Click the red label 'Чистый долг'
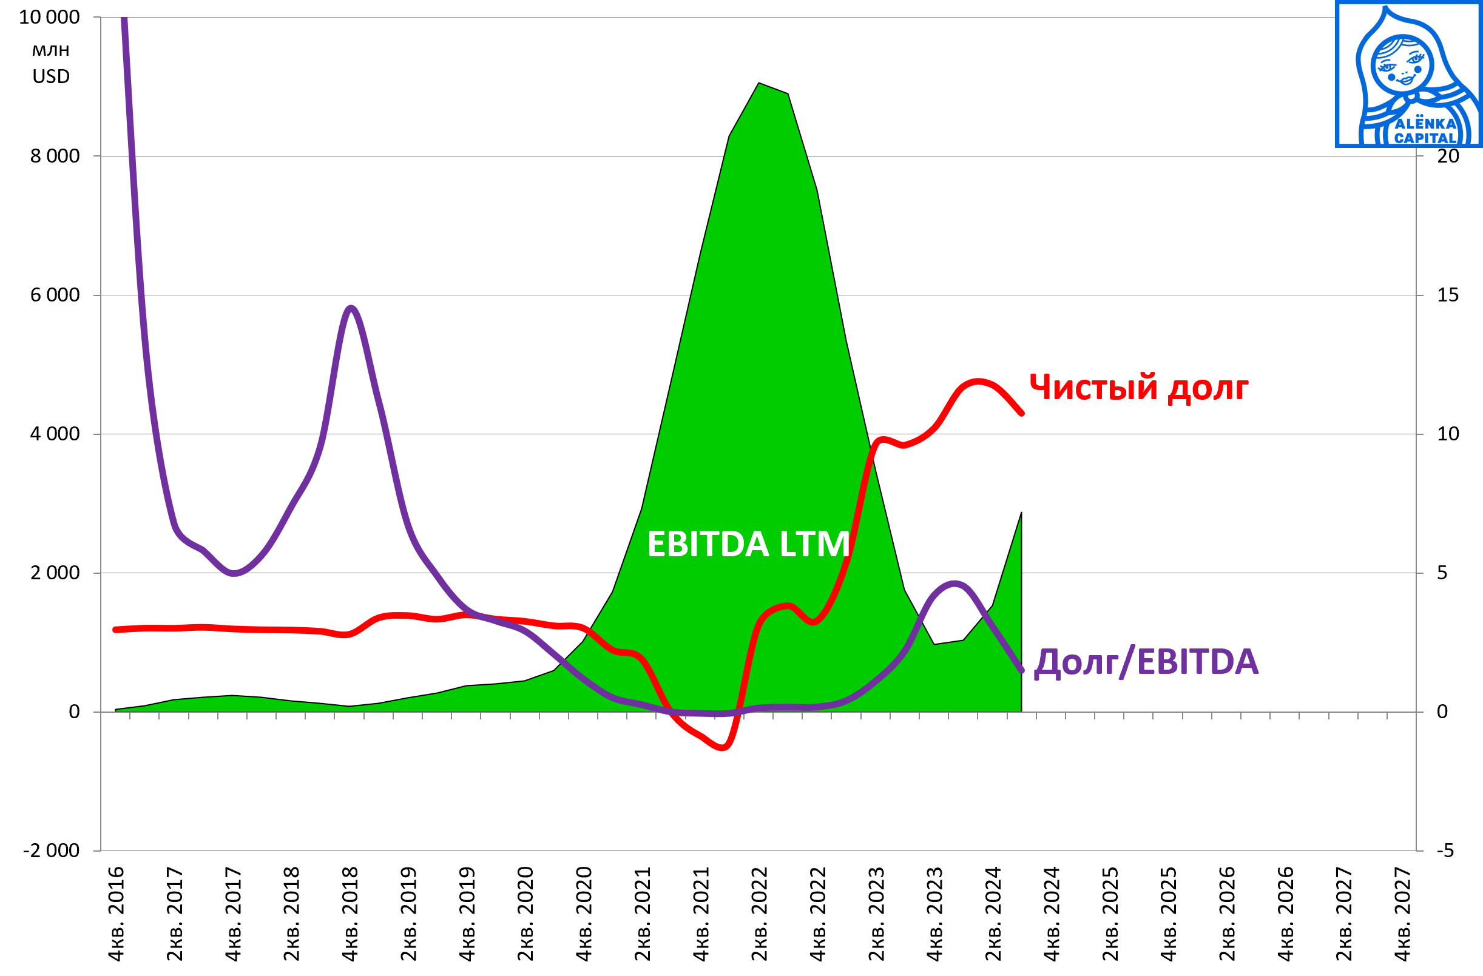coord(1138,388)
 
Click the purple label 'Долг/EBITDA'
coord(1146,662)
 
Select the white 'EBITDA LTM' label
coord(748,544)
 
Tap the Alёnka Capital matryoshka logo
coord(1408,75)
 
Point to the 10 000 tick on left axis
coord(49,18)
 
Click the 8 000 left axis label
coord(55,156)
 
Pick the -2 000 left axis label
coord(51,851)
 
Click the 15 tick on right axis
coord(1447,295)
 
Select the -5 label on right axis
coord(1445,851)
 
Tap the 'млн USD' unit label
coord(51,64)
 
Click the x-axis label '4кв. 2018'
coord(350,914)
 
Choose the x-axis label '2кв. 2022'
coord(760,914)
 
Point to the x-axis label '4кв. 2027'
coord(1403,914)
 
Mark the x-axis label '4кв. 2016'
coord(117,914)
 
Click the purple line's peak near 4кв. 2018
coord(351,308)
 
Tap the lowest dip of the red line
coord(723,747)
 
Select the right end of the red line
coord(1022,413)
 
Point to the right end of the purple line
coord(1022,671)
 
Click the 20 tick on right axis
coord(1447,156)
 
